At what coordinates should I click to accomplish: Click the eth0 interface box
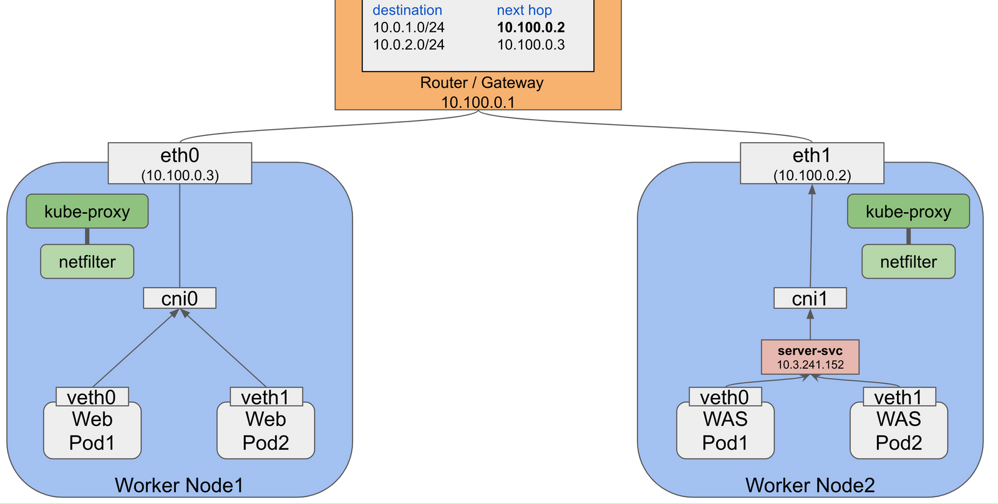[x=180, y=163]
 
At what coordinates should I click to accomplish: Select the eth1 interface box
[x=811, y=163]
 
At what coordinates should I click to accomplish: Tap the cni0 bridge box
[x=180, y=298]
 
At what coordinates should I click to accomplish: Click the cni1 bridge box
[x=810, y=298]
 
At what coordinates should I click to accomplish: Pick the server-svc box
[x=810, y=357]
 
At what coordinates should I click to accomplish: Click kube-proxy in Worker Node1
[x=87, y=211]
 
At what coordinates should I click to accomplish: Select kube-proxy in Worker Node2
[x=908, y=211]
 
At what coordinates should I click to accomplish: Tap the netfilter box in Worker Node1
[x=87, y=261]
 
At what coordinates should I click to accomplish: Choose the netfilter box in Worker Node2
[x=908, y=261]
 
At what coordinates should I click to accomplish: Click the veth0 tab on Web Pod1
[x=92, y=397]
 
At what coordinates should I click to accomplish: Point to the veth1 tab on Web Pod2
[x=266, y=397]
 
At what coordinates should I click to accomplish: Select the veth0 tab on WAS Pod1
[x=725, y=397]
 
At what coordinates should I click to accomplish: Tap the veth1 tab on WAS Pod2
[x=899, y=397]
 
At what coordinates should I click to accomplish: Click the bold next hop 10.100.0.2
[x=531, y=27]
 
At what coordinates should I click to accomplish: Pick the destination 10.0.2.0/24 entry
[x=409, y=45]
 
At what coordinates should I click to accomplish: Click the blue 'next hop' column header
[x=524, y=10]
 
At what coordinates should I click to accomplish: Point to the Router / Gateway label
[x=482, y=82]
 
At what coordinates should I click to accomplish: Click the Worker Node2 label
[x=810, y=485]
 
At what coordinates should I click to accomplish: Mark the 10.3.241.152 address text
[x=810, y=365]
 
